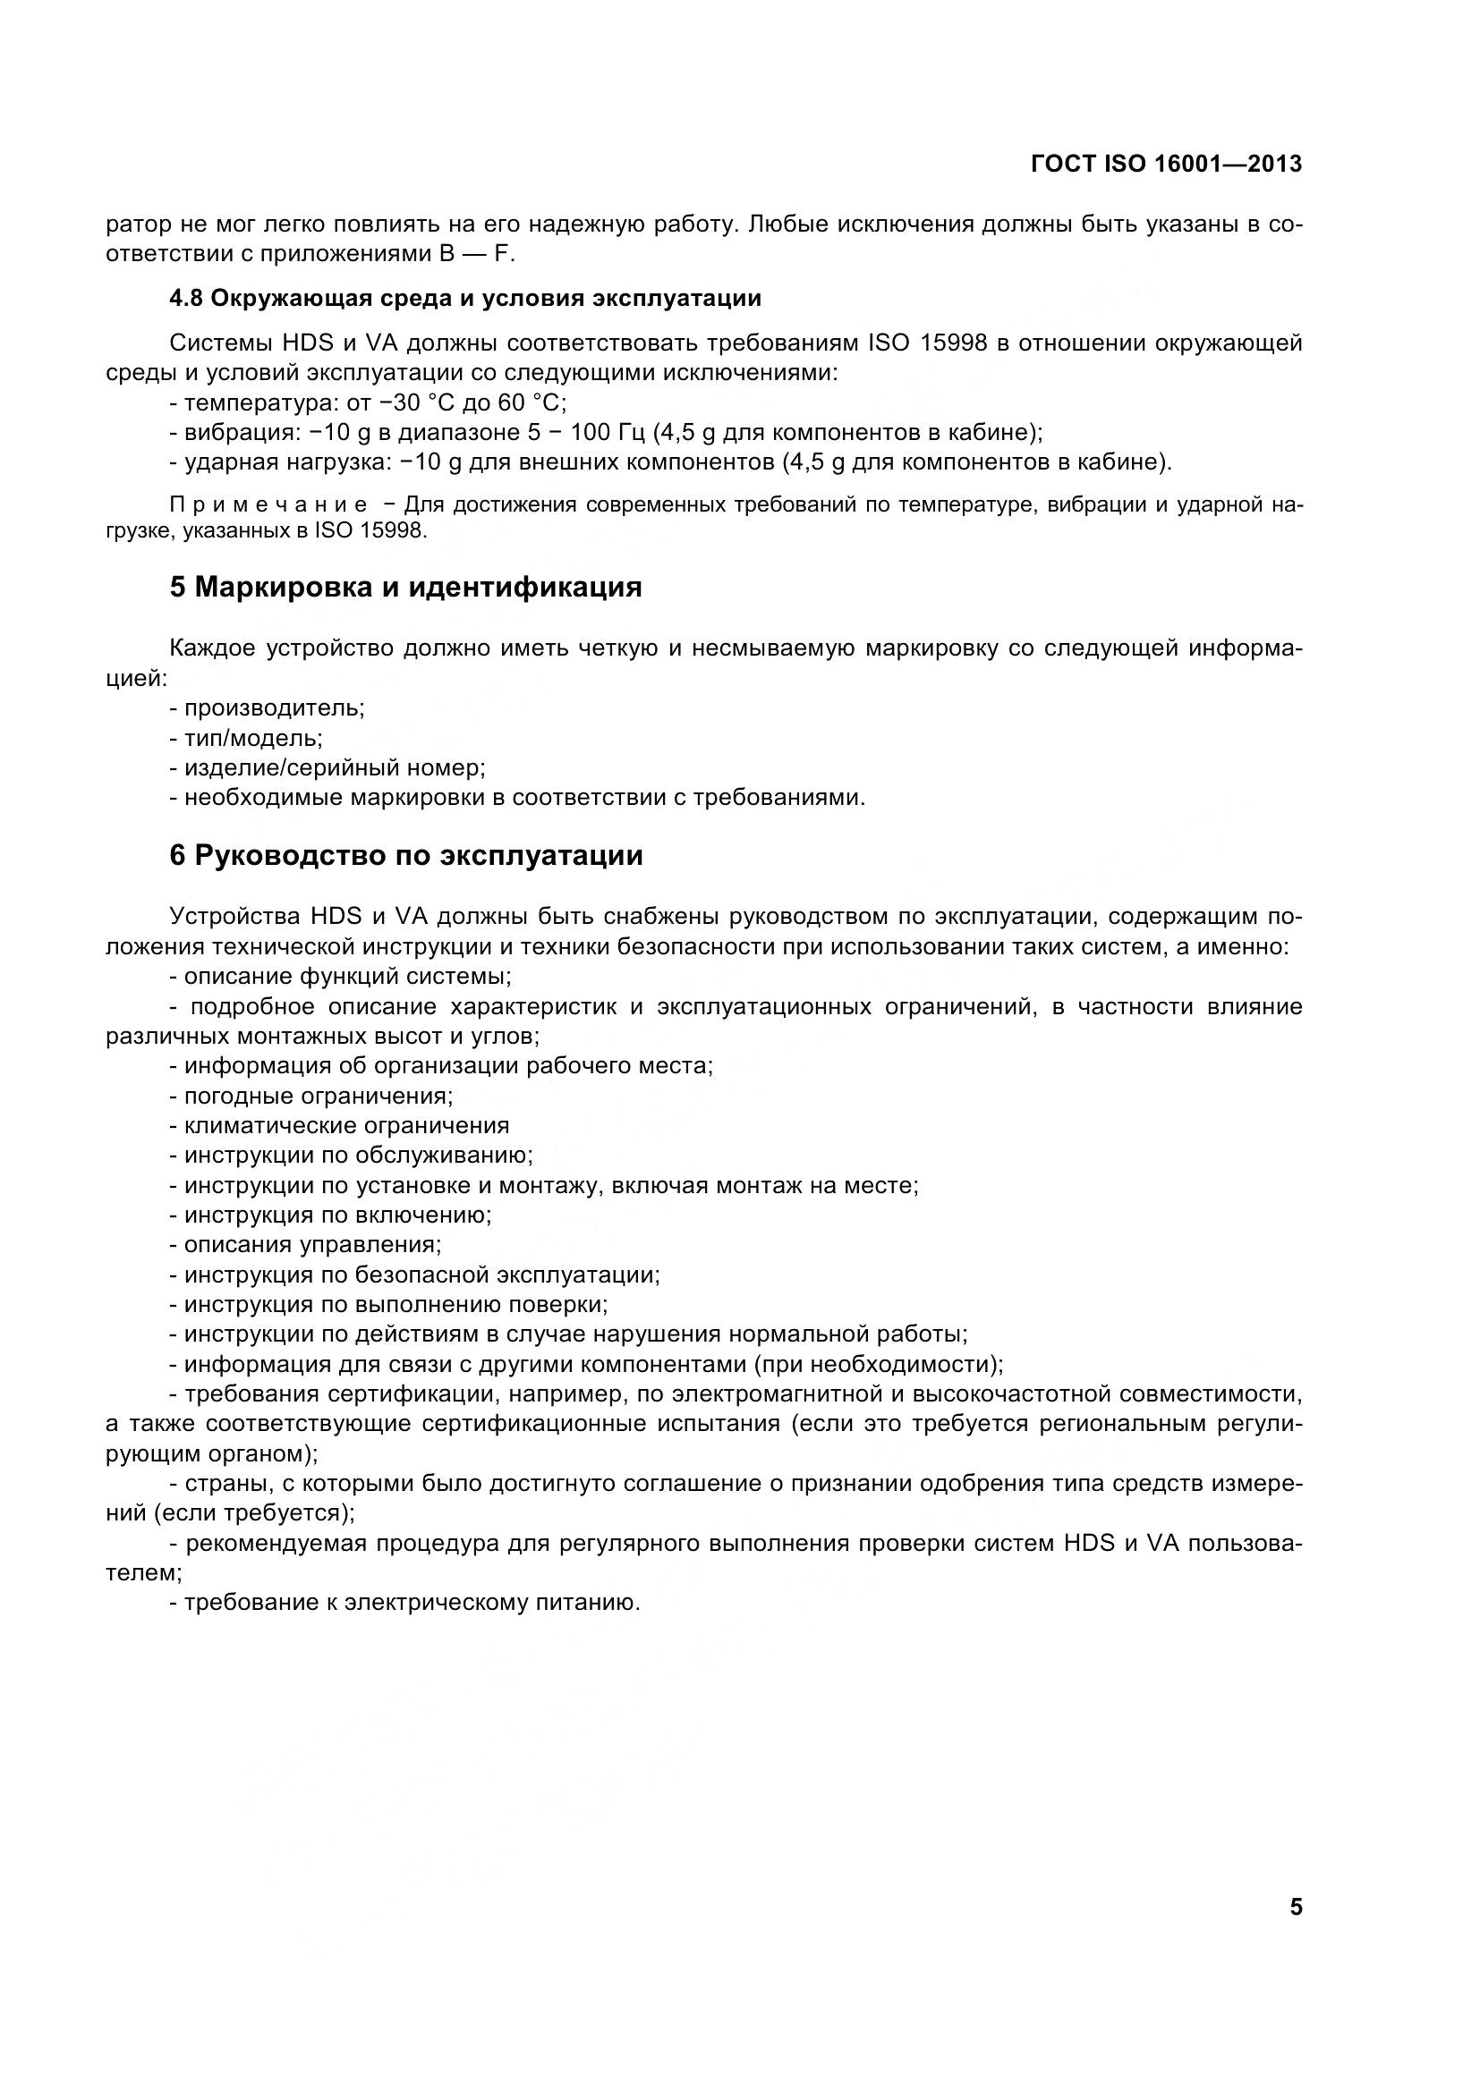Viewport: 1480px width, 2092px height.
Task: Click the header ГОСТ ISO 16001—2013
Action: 1166,164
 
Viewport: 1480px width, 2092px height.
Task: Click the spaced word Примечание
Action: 268,504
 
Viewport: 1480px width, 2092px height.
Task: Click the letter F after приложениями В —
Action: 500,254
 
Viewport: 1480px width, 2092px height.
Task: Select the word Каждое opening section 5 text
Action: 211,648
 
